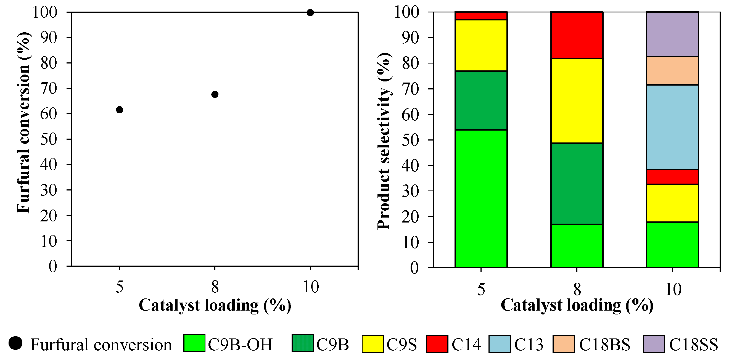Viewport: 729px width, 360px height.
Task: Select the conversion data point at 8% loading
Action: [215, 94]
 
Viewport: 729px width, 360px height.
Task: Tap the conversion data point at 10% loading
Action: [310, 12]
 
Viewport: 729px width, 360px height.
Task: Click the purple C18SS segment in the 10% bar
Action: [672, 34]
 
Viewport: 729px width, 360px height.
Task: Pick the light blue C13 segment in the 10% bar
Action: [672, 127]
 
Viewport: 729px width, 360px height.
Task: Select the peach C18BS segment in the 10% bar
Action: [672, 71]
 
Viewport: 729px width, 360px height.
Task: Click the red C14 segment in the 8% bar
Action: [577, 35]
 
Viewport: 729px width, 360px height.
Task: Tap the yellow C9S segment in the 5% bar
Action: [481, 45]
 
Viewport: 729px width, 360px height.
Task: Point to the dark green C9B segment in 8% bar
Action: [577, 184]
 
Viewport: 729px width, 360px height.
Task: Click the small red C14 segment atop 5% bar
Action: [481, 15]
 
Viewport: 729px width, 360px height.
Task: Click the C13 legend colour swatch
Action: [499, 344]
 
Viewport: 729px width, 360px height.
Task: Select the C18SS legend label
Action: [693, 345]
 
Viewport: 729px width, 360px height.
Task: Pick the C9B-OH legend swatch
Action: [194, 344]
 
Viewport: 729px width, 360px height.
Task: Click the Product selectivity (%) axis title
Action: [384, 141]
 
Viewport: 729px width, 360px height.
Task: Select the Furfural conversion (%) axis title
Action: [23, 122]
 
